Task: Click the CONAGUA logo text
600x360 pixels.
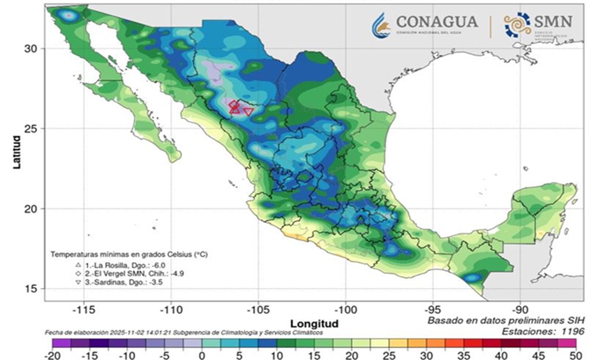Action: [x=436, y=22]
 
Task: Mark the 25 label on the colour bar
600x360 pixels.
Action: [x=389, y=355]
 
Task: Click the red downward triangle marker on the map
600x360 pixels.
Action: [x=248, y=111]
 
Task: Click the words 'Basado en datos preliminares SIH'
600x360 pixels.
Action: [x=505, y=321]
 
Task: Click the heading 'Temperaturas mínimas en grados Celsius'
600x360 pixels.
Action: [x=129, y=255]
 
